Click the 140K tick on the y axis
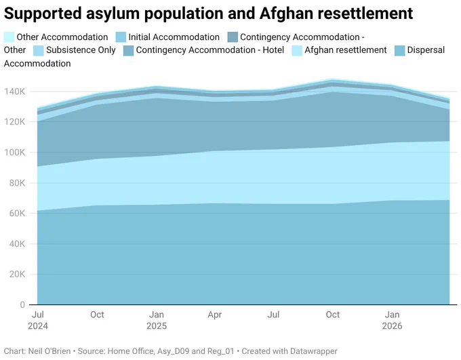click(x=15, y=92)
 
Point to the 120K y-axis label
click(x=15, y=122)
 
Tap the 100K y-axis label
click(x=15, y=153)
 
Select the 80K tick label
click(x=17, y=183)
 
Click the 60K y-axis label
click(x=17, y=214)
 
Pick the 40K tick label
click(x=17, y=244)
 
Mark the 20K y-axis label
click(x=17, y=274)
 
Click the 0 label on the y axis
click(x=22, y=304)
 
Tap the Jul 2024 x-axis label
click(x=38, y=320)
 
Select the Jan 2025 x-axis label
click(x=157, y=320)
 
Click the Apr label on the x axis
click(x=215, y=315)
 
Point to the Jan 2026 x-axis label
click(x=392, y=320)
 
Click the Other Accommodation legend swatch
click(x=9, y=37)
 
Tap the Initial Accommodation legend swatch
click(x=121, y=37)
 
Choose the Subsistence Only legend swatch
click(x=39, y=50)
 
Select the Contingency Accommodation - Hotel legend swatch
click(x=129, y=50)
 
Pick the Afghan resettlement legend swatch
click(x=297, y=50)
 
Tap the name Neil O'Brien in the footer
click(x=49, y=351)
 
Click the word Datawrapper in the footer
click(x=313, y=351)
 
